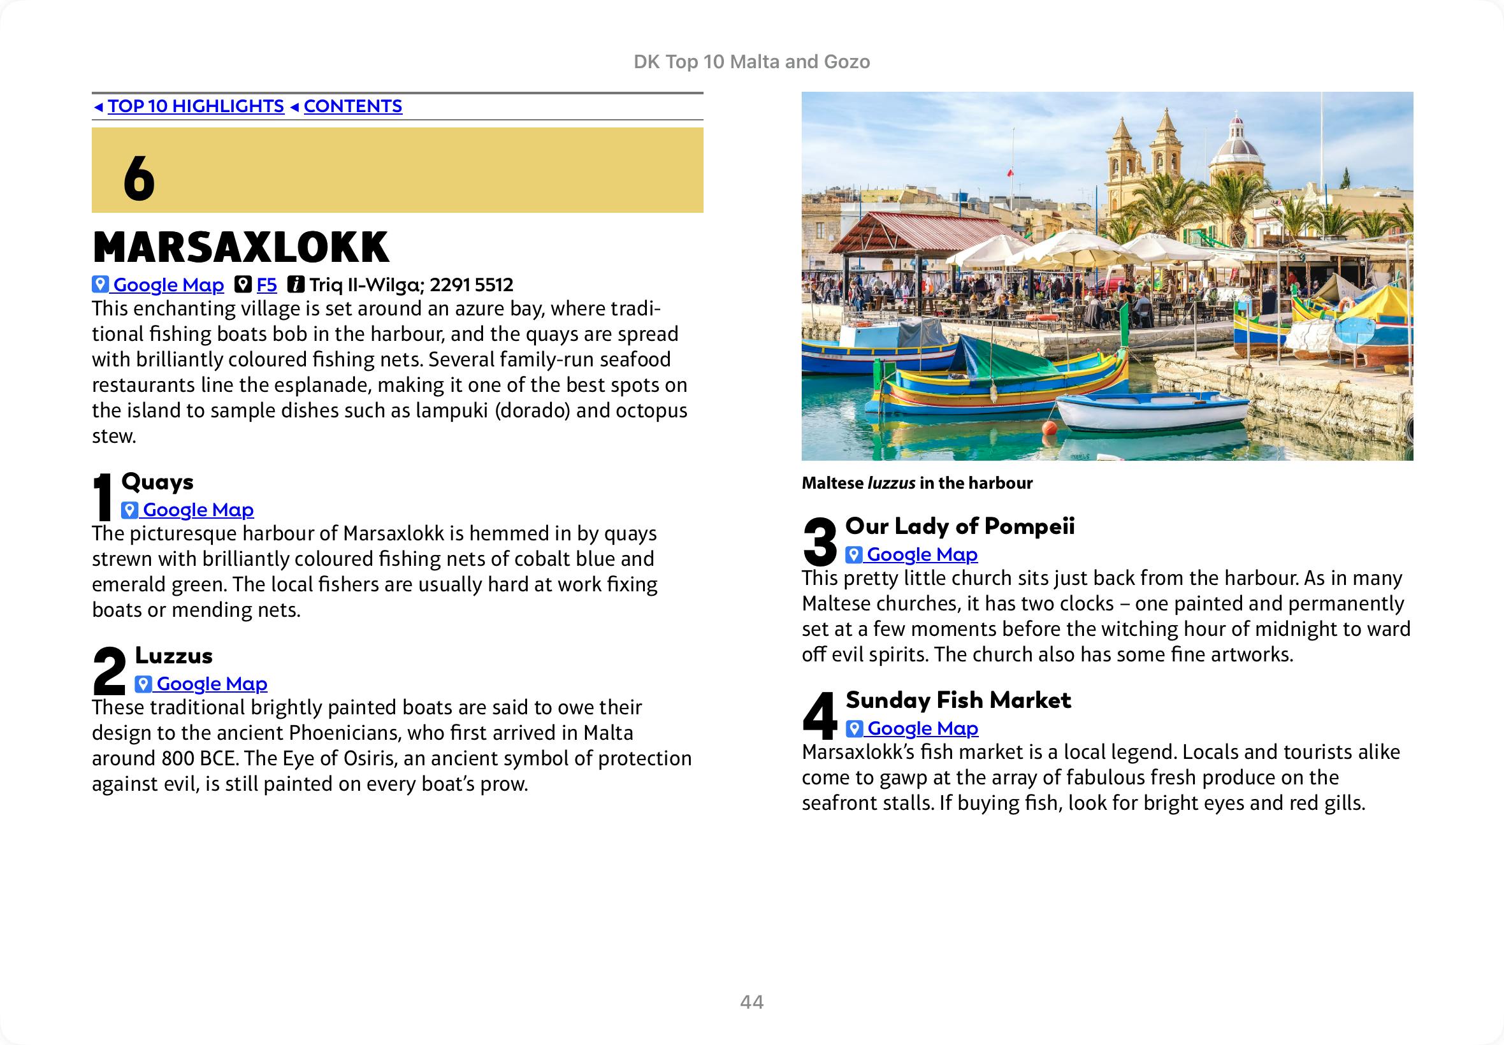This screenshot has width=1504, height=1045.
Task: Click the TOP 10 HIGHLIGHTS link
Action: (196, 106)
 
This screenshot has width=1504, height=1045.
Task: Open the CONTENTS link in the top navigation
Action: (352, 106)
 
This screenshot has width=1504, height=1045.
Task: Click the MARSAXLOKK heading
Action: (241, 247)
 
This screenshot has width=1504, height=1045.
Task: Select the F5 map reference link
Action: (266, 285)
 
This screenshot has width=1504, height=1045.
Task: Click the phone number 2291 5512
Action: (472, 285)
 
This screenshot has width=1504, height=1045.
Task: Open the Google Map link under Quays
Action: (198, 510)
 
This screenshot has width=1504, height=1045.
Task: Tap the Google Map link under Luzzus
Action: (211, 684)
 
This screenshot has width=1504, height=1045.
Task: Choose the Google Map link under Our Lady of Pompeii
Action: (922, 554)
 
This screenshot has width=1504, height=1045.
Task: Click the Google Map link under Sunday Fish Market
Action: (922, 729)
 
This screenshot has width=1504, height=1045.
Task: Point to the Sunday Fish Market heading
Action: (958, 700)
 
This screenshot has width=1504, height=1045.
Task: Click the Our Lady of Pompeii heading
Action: (960, 526)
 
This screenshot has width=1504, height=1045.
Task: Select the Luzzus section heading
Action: (173, 656)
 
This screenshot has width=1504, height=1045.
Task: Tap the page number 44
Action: (751, 1002)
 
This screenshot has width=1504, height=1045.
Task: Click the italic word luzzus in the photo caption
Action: (891, 483)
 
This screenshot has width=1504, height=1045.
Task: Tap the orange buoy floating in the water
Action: (1049, 428)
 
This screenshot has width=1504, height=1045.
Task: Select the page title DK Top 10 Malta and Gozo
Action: (751, 62)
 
